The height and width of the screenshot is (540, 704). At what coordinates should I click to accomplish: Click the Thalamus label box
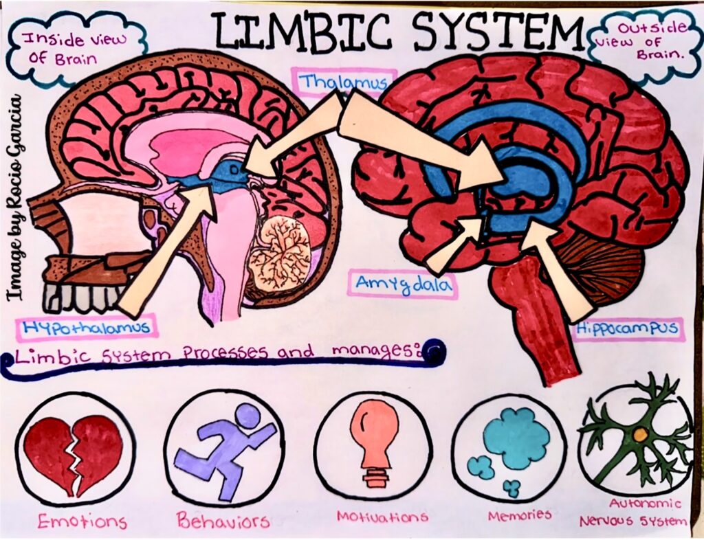click(x=344, y=82)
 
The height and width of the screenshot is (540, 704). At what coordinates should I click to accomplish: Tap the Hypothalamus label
click(x=87, y=327)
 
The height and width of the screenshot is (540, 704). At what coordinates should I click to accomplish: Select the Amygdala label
click(x=404, y=284)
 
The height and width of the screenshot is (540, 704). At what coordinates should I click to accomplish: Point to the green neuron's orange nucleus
click(x=641, y=434)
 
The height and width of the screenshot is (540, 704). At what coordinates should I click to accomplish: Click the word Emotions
click(x=82, y=521)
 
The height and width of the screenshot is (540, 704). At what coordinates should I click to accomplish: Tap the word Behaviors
click(x=223, y=520)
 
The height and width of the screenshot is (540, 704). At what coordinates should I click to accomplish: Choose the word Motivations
click(x=382, y=517)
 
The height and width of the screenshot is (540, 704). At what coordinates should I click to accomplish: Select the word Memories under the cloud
click(x=520, y=515)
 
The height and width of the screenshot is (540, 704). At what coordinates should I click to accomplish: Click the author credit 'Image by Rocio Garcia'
click(x=16, y=196)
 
